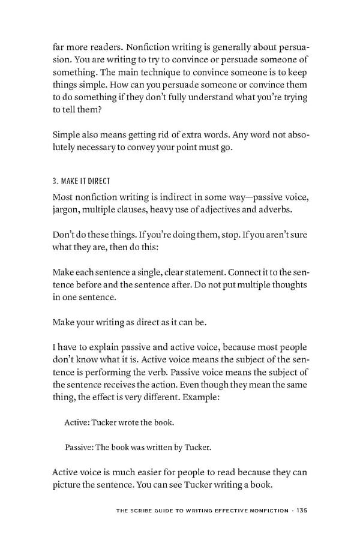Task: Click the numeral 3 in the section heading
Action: pos(55,181)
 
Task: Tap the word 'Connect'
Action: pos(227,271)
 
